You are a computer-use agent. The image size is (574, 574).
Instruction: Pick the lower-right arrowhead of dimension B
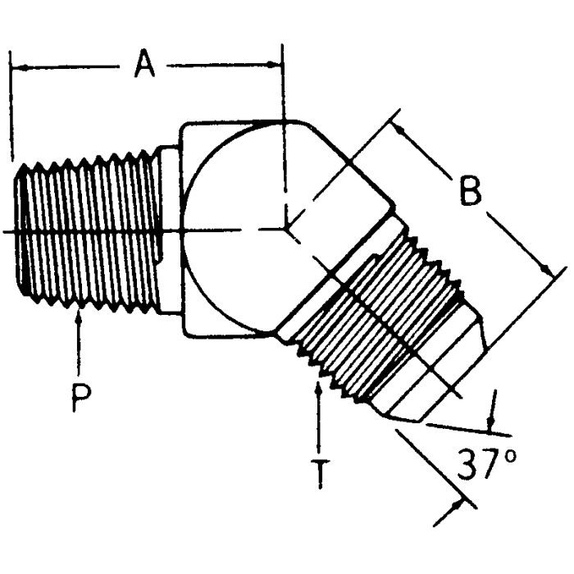click(544, 271)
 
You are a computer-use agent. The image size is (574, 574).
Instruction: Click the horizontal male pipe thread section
click(86, 231)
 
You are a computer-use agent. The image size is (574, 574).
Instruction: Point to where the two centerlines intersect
click(285, 230)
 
